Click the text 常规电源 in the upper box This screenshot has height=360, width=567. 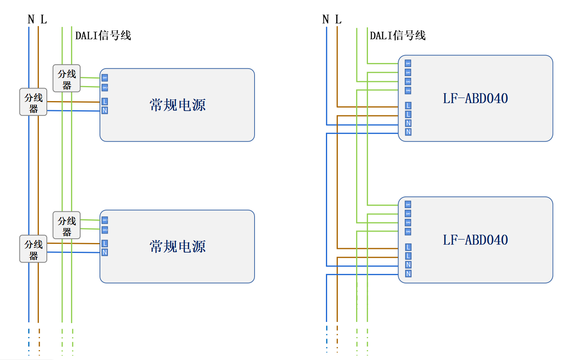(x=177, y=105)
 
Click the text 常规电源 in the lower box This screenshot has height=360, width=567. (x=177, y=247)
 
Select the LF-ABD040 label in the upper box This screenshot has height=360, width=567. (x=475, y=98)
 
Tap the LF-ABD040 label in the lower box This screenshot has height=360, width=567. (x=475, y=240)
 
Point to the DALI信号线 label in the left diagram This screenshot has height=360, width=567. (x=103, y=36)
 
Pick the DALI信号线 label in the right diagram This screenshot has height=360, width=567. (x=398, y=36)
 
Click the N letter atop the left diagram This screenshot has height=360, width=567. (x=31, y=19)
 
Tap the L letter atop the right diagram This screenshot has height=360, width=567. (x=338, y=19)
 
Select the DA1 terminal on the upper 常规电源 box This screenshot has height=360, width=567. (x=105, y=78)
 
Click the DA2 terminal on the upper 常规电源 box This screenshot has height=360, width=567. (x=105, y=87)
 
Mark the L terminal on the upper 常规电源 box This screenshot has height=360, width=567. (x=105, y=101)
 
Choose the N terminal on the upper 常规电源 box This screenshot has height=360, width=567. (x=105, y=110)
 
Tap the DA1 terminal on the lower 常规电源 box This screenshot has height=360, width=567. (x=105, y=220)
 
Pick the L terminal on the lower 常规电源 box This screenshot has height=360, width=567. (x=105, y=243)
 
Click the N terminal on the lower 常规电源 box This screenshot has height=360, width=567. (x=105, y=252)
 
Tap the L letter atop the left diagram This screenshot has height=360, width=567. (x=44, y=19)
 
